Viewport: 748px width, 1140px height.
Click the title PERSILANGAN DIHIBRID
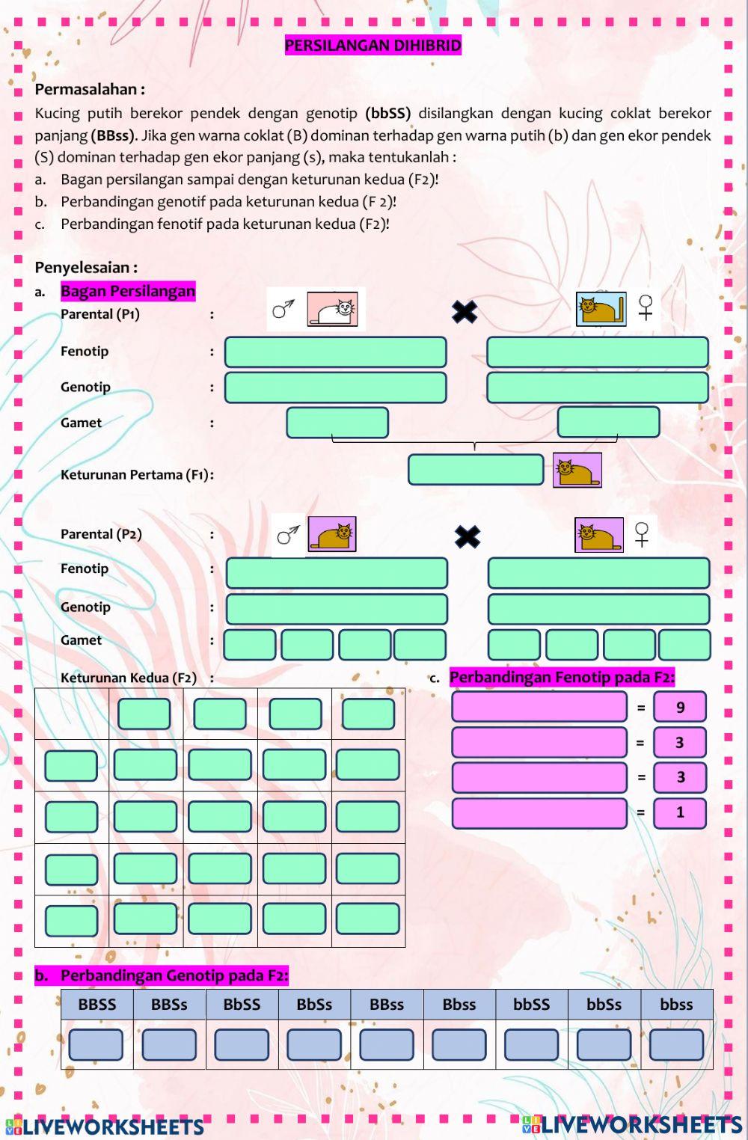[x=373, y=46]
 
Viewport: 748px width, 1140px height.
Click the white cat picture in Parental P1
[x=332, y=309]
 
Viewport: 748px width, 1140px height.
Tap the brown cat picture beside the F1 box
[x=577, y=471]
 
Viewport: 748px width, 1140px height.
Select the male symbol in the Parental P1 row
[x=283, y=308]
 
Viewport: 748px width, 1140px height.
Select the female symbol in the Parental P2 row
[x=642, y=534]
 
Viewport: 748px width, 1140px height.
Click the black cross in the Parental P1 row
[x=465, y=311]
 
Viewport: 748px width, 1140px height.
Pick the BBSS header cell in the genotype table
[x=97, y=1005]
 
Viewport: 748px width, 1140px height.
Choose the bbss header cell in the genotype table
[x=676, y=1005]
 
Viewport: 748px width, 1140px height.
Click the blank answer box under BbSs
[x=314, y=1044]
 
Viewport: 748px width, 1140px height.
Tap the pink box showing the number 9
[x=679, y=707]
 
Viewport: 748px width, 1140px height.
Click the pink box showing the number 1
[x=679, y=812]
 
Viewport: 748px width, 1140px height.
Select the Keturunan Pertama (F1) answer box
[x=476, y=470]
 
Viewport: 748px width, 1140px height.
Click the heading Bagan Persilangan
[x=128, y=291]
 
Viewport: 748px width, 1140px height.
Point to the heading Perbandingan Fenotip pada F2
[x=562, y=678]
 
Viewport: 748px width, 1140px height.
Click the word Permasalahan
[x=86, y=90]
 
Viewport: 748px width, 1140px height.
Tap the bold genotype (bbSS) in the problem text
[x=388, y=114]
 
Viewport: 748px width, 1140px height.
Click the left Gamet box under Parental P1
[x=337, y=423]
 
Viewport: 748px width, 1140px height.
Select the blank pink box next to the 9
[x=539, y=707]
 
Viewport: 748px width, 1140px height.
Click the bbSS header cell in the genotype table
[x=531, y=1005]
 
